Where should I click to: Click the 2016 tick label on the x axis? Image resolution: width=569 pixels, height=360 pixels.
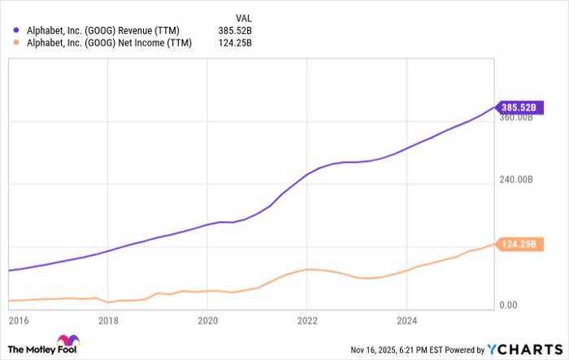pyautogui.click(x=18, y=319)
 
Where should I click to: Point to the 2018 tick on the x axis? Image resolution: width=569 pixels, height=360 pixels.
pyautogui.click(x=108, y=319)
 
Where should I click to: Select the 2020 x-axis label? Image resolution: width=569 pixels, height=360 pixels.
pyautogui.click(x=207, y=319)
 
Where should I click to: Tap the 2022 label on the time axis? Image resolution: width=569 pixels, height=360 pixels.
pyautogui.click(x=307, y=319)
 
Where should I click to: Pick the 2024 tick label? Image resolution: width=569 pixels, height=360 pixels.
pyautogui.click(x=407, y=319)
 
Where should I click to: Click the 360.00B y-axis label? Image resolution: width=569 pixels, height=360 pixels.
pyautogui.click(x=515, y=117)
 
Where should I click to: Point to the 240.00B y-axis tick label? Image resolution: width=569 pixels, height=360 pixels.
pyautogui.click(x=515, y=180)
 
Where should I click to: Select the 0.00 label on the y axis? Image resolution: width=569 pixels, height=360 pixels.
pyautogui.click(x=509, y=305)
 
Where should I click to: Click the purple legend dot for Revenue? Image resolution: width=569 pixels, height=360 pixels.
pyautogui.click(x=17, y=30)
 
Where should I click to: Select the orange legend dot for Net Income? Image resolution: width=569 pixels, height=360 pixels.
pyautogui.click(x=17, y=43)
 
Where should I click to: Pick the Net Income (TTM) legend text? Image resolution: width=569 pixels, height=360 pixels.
pyautogui.click(x=110, y=43)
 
